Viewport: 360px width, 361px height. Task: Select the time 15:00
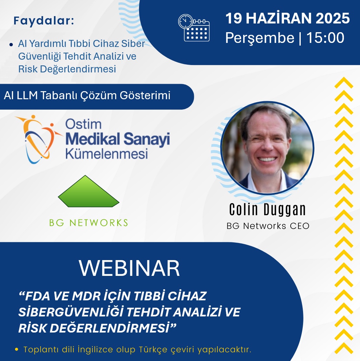click(x=325, y=38)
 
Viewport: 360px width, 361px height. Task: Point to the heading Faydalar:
click(x=44, y=21)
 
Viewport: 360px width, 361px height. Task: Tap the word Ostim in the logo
click(x=83, y=124)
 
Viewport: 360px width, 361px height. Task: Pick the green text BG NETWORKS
click(x=88, y=223)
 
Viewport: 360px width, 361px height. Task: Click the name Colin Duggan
click(x=268, y=209)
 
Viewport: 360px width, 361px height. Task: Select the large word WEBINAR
click(x=129, y=267)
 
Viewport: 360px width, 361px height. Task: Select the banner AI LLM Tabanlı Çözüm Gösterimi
click(x=87, y=96)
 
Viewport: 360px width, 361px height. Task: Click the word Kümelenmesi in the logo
click(x=106, y=154)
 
